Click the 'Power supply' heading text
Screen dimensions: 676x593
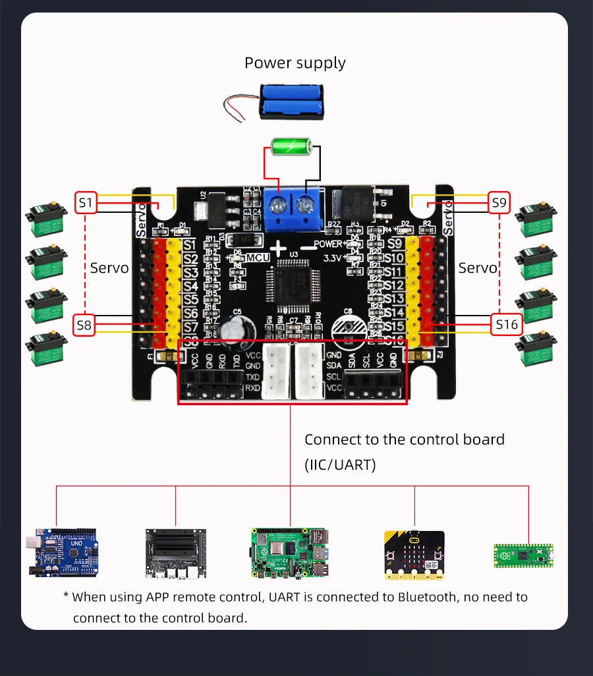click(295, 63)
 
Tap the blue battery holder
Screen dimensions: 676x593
click(291, 101)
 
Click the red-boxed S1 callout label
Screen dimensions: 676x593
click(86, 203)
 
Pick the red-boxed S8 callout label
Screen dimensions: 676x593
click(84, 324)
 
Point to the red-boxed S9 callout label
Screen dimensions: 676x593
click(499, 203)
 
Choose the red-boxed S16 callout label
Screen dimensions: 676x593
click(507, 324)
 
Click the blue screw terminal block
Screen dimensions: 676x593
click(291, 205)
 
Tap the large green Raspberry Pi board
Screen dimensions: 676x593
click(289, 552)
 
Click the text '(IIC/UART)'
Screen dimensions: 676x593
click(340, 465)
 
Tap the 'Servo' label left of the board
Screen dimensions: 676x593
click(109, 268)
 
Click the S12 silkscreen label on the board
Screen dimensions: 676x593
click(394, 285)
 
